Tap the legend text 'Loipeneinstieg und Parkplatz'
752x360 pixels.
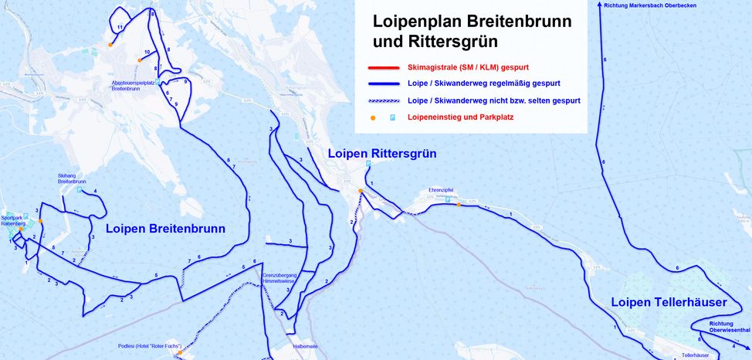(460, 117)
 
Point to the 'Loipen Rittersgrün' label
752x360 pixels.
(381, 154)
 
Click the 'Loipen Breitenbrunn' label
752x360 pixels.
(165, 229)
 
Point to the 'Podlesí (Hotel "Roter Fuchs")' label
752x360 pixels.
(149, 346)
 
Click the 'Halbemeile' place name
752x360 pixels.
(308, 347)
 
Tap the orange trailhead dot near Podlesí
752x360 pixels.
(180, 353)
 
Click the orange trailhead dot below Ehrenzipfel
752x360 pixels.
(459, 205)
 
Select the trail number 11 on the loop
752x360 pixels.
(120, 27)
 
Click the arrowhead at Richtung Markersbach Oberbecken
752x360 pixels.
(600, 4)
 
